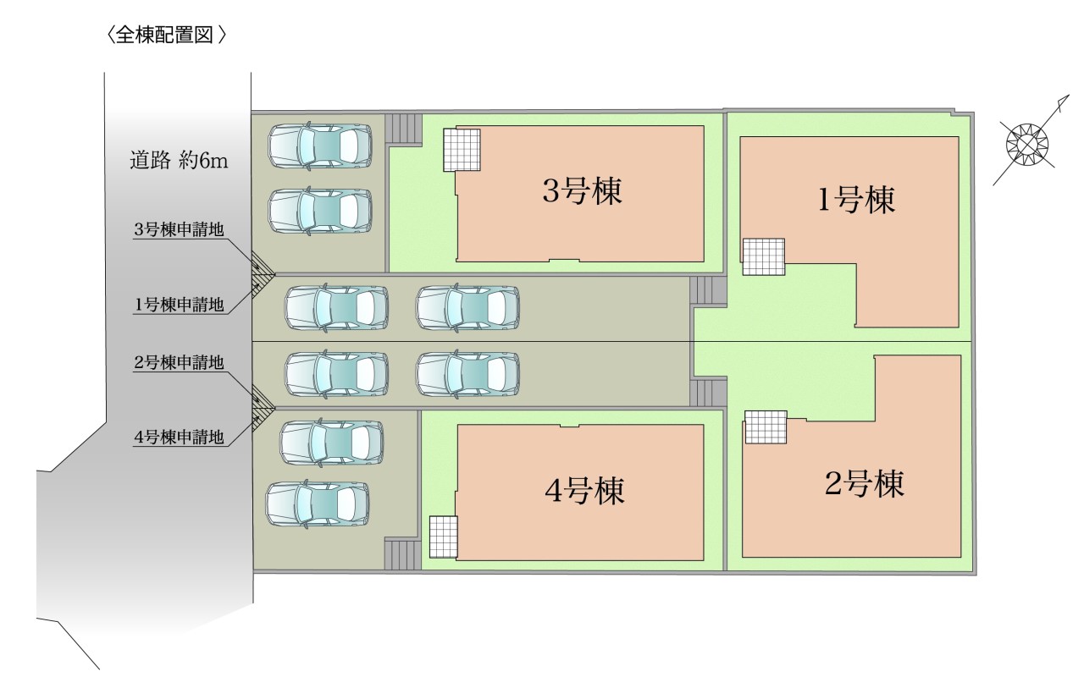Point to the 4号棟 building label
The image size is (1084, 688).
(x=584, y=491)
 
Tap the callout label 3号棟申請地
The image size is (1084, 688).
(x=179, y=230)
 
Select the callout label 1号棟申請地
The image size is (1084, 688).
(x=179, y=305)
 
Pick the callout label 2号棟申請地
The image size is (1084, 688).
(x=179, y=363)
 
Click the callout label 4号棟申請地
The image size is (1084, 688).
(x=179, y=438)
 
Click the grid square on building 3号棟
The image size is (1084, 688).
(x=462, y=150)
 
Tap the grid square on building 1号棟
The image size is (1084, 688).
(x=763, y=256)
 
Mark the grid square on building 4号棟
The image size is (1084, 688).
(x=443, y=537)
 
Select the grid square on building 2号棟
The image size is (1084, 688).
(x=766, y=427)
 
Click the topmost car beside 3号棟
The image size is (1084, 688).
(x=320, y=145)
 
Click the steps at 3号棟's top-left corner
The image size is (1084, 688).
(x=404, y=128)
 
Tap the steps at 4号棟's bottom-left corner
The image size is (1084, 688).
(x=402, y=555)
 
